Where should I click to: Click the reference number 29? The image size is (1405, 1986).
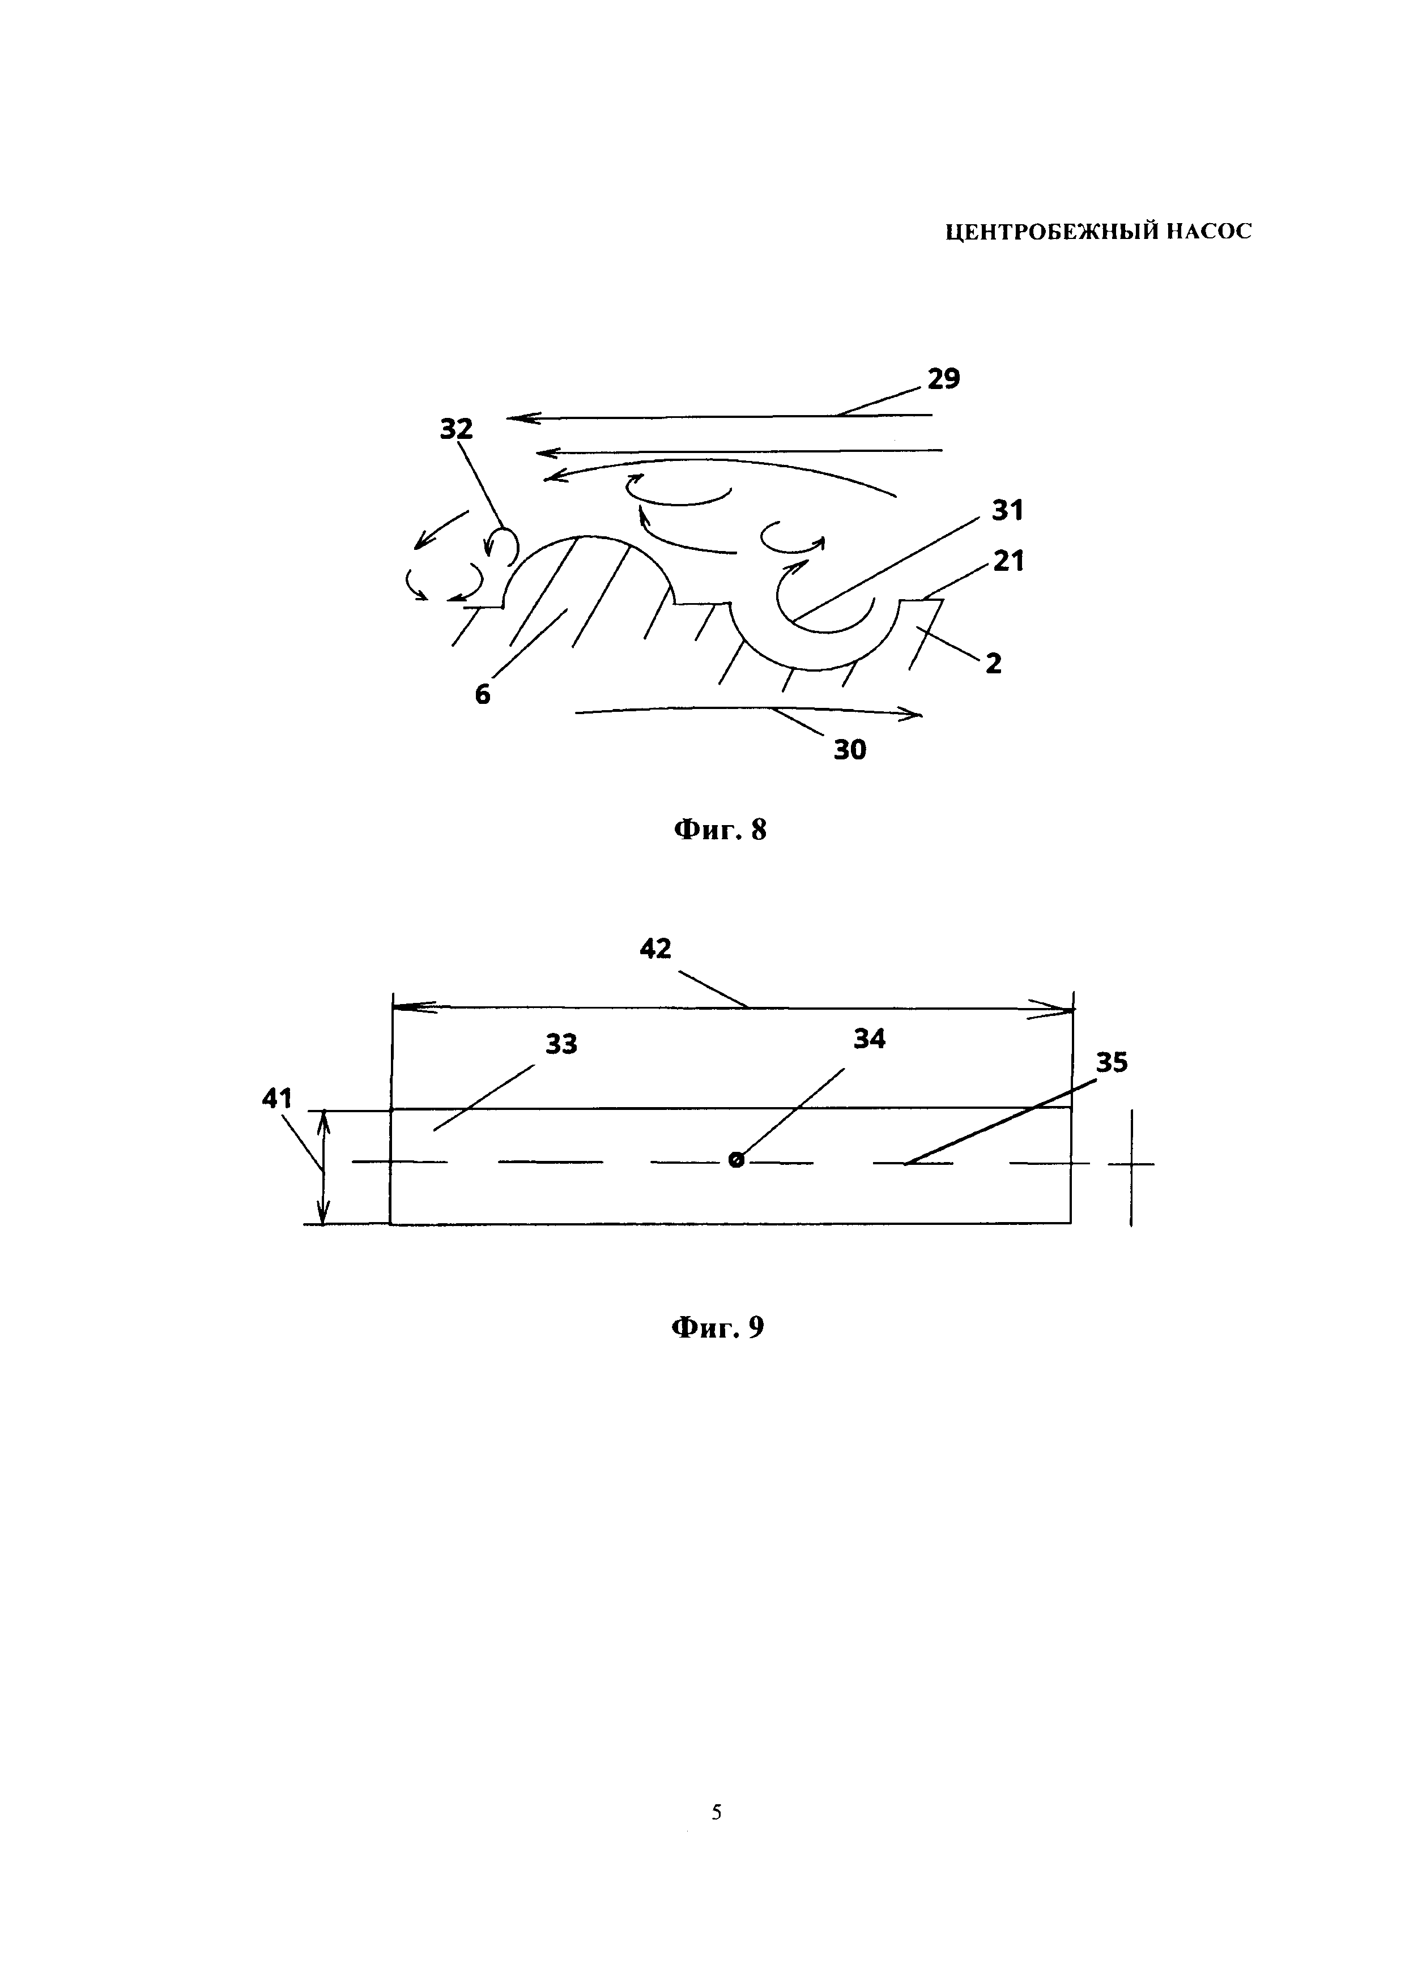944,379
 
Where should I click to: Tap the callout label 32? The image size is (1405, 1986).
456,429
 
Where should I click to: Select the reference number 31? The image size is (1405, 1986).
1008,511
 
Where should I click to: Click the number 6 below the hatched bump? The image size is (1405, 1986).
483,694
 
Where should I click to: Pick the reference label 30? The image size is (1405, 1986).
850,750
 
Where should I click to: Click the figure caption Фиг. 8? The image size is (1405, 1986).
720,830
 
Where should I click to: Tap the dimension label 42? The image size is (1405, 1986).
656,949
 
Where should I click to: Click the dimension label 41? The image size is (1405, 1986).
277,1099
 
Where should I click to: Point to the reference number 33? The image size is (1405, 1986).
561,1044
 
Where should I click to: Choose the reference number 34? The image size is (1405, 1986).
870,1039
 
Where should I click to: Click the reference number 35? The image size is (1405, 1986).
1112,1062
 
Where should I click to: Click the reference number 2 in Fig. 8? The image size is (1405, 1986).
994,664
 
